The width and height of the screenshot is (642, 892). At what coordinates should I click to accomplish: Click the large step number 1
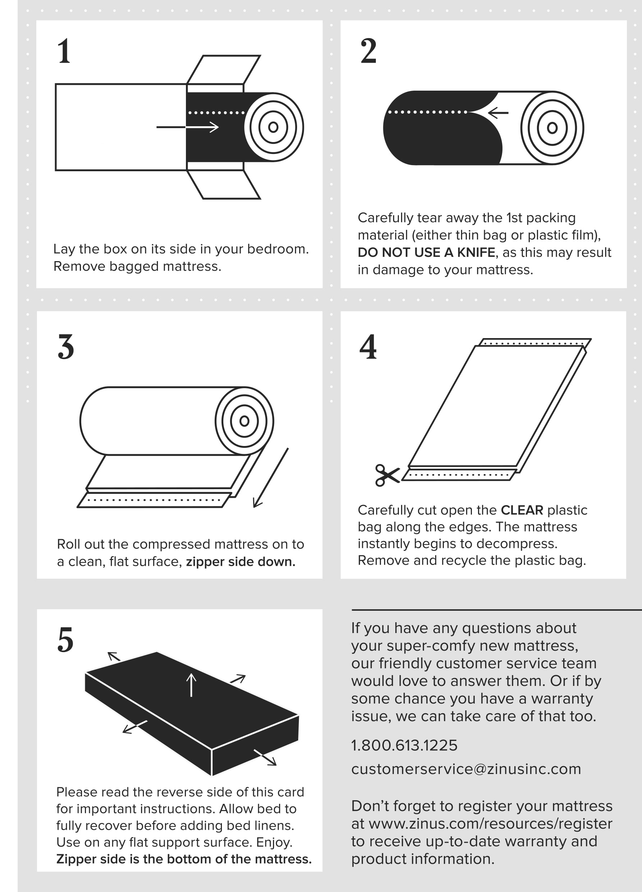64,51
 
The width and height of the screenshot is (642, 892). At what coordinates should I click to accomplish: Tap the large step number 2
368,51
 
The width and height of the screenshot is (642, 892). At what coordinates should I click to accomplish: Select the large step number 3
66,346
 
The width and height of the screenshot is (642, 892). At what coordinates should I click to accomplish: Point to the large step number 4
368,346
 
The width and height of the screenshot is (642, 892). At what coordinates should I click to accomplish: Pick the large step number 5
65,640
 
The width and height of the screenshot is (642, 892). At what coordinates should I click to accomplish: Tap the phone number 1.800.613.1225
404,745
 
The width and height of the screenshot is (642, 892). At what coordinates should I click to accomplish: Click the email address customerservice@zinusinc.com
466,769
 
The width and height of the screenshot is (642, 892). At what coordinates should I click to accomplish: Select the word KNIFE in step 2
476,252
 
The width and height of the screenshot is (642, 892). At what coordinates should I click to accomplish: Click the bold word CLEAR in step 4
522,510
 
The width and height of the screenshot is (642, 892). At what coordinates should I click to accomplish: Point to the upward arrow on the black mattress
191,685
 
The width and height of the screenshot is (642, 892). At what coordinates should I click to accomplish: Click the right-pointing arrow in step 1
187,127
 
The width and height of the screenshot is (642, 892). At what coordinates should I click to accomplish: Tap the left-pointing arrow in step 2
498,113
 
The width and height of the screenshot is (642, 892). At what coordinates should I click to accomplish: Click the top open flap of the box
223,70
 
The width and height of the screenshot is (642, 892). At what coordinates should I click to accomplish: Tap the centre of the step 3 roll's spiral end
244,421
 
